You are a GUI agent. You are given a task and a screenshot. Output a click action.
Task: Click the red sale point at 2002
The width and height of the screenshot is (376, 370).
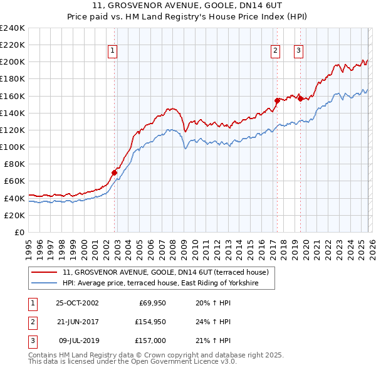point(115,172)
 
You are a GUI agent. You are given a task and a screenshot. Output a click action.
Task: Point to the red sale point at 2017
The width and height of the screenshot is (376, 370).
point(277,100)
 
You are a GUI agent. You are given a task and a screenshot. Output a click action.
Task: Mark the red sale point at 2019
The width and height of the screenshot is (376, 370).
point(300,98)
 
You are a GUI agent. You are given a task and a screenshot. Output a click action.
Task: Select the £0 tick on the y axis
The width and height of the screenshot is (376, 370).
point(19,232)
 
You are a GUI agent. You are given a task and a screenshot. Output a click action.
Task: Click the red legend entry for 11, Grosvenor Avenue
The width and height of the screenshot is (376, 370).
point(165,272)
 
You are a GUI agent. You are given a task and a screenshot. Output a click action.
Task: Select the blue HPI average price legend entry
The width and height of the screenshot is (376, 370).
point(169,283)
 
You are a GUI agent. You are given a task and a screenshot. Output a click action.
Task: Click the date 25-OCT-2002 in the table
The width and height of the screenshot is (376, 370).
point(77,303)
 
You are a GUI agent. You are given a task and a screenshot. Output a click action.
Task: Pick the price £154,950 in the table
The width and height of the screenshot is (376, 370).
point(149,322)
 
